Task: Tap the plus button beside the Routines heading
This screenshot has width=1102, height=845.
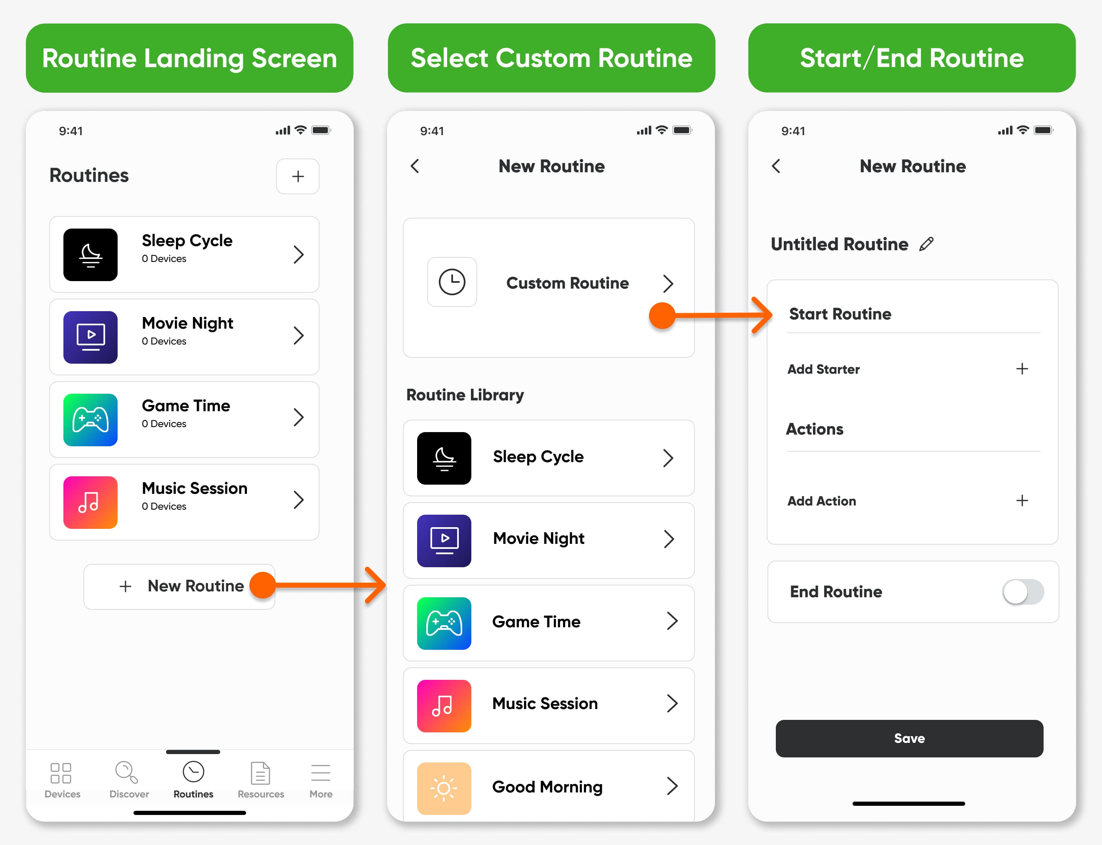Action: pos(298,176)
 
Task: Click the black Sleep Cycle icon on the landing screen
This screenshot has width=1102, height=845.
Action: pos(91,254)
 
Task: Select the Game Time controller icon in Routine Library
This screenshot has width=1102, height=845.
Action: pos(444,623)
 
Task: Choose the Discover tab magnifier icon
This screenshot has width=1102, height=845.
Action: pos(126,772)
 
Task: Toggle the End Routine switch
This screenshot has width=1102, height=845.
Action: pos(1023,591)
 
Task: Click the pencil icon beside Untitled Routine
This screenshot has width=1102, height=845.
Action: pos(926,244)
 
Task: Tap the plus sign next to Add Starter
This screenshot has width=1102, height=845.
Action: pos(1022,369)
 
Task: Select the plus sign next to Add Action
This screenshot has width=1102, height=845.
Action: pos(1022,500)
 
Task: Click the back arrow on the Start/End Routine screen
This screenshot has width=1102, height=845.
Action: pos(776,166)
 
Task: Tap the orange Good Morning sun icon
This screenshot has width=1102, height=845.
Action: pos(444,788)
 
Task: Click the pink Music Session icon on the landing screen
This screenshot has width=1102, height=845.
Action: pos(91,502)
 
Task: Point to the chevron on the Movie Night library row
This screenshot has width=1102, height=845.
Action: pos(669,539)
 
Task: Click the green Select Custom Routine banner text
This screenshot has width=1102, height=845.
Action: pos(552,58)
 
